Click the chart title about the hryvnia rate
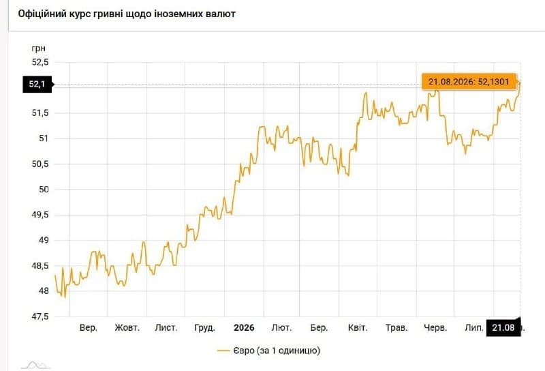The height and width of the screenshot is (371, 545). click(x=127, y=14)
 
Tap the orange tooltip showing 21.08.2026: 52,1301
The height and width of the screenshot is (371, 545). click(x=469, y=82)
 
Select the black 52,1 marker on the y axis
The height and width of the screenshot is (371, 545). click(x=37, y=84)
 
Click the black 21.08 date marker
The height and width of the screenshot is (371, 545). click(x=503, y=327)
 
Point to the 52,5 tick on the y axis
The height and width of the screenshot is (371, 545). click(x=40, y=62)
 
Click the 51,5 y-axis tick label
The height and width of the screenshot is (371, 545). click(x=40, y=113)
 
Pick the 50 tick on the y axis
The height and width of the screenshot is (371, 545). click(x=44, y=190)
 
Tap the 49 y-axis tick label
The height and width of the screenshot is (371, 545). click(x=44, y=240)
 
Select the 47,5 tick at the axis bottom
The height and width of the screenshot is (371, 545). click(x=40, y=316)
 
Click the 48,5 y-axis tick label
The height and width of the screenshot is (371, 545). click(x=40, y=266)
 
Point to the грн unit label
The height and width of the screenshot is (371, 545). click(x=39, y=48)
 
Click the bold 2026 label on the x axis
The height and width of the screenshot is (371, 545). click(x=244, y=327)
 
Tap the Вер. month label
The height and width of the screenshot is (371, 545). click(x=89, y=327)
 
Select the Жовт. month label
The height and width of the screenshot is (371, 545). click(x=127, y=327)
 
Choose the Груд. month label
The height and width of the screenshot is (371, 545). click(x=205, y=328)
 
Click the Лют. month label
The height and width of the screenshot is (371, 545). click(x=281, y=327)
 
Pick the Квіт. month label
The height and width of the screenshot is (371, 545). click(x=358, y=327)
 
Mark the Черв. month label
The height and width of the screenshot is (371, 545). click(x=435, y=328)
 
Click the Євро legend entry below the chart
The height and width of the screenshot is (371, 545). click(x=268, y=351)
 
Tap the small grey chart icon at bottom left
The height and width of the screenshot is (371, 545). click(x=35, y=365)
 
